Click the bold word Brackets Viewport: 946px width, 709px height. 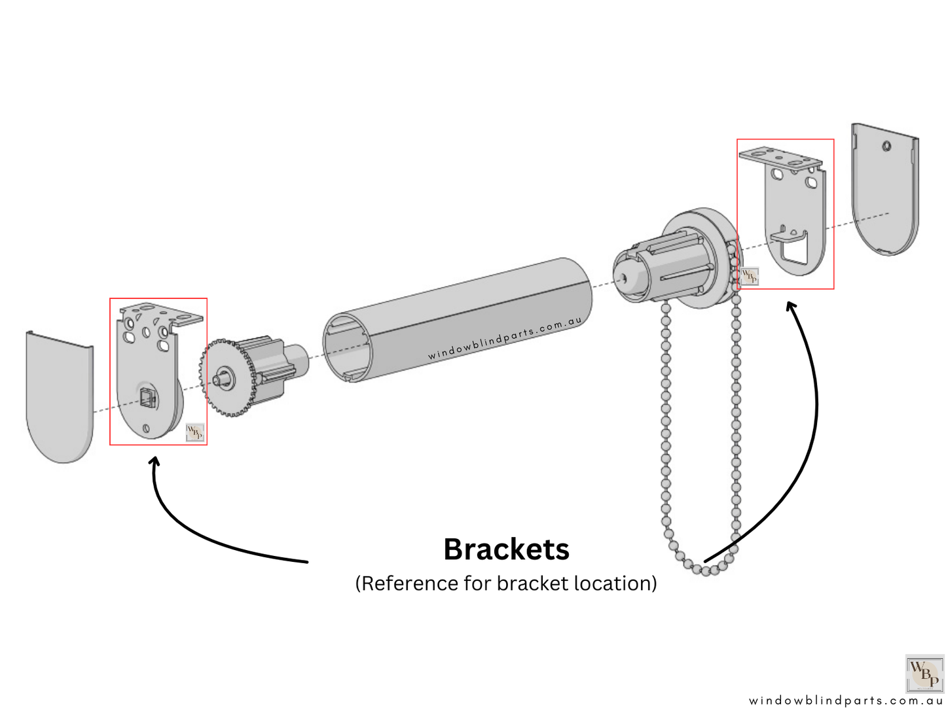506,549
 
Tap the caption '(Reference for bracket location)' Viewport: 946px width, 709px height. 506,583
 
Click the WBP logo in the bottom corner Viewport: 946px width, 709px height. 924,673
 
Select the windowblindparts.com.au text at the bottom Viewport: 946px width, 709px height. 846,700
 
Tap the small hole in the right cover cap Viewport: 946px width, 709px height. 886,146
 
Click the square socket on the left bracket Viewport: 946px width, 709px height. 148,396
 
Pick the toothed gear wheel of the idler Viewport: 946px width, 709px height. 226,378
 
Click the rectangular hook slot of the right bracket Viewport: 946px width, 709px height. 795,249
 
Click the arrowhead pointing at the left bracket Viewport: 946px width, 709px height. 155,462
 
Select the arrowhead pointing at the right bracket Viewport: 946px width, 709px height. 791,306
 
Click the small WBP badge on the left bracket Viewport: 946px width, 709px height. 194,432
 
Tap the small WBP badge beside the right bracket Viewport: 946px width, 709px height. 750,276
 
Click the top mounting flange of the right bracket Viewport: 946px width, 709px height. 780,158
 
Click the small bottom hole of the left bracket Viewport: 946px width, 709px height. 146,428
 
